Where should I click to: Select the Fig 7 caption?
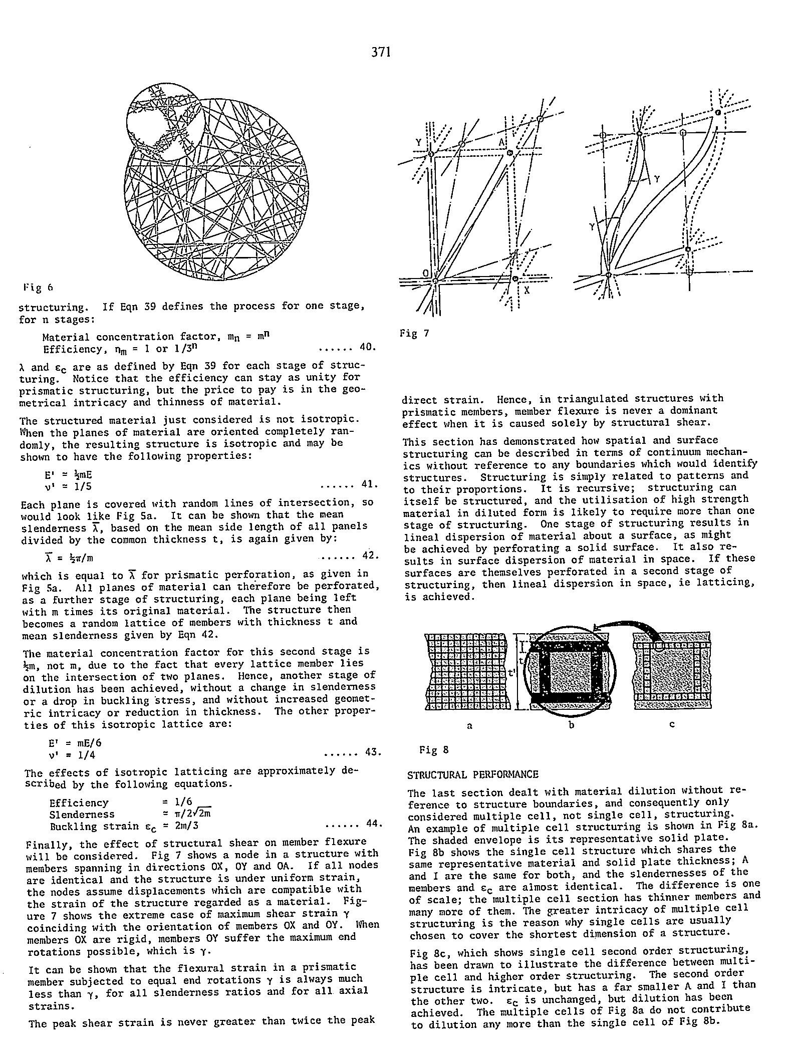click(x=414, y=333)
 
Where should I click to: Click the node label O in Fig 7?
click(x=425, y=273)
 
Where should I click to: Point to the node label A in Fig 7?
click(x=501, y=143)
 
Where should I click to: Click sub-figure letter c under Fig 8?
click(x=672, y=724)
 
